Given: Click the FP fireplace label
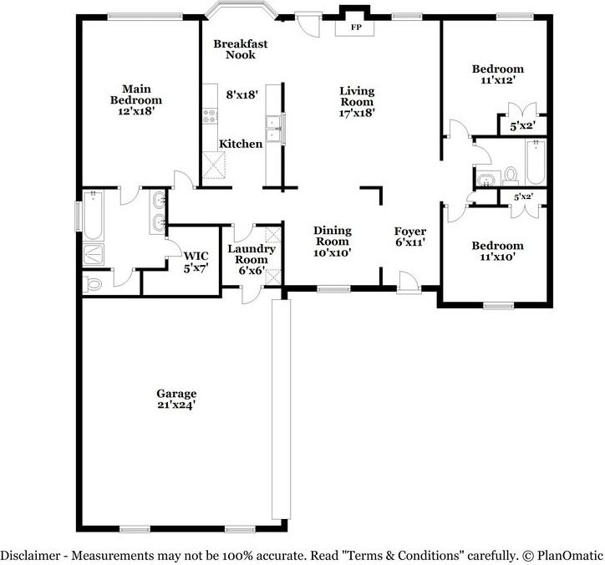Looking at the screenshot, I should point(355,28).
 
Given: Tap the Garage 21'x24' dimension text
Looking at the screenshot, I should point(176,405).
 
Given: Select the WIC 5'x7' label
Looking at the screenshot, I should point(196,260).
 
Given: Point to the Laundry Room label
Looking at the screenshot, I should point(247,254).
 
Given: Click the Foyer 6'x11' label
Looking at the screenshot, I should point(410,237).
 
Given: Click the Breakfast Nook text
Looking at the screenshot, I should point(234,49).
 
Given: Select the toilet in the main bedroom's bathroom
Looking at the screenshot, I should point(93,284).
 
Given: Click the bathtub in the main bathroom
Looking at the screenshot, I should point(93,214).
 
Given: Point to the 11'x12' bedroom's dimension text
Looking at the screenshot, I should point(497,80).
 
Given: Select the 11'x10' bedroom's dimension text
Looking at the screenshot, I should point(497,257).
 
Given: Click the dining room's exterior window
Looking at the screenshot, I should point(333,290).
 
